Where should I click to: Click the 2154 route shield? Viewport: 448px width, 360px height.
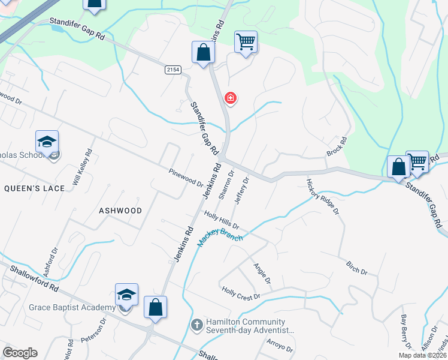[173, 70]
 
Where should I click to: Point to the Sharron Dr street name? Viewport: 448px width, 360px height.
[226, 188]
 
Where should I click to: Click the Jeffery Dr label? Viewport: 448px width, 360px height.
[242, 191]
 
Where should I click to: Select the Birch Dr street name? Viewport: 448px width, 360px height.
[356, 267]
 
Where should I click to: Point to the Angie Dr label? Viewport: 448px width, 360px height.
[262, 274]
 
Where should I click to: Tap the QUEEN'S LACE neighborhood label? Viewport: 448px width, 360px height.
[34, 188]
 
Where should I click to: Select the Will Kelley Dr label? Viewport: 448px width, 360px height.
[83, 167]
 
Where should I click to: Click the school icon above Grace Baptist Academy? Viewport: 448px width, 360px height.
[126, 295]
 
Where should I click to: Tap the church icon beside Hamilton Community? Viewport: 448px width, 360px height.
[196, 325]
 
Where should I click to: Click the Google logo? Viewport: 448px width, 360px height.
[20, 353]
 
